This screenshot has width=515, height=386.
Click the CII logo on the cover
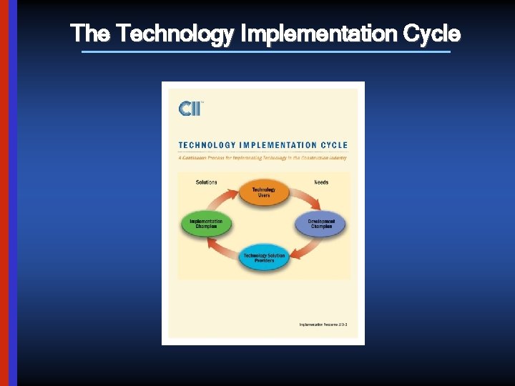tap(190, 109)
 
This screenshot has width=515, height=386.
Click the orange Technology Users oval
tap(263, 192)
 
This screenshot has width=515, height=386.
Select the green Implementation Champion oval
tap(206, 224)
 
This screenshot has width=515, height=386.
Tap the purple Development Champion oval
tap(321, 224)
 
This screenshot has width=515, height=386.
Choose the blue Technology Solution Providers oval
tap(263, 257)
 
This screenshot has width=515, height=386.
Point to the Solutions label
tap(207, 182)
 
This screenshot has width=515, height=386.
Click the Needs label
tap(321, 182)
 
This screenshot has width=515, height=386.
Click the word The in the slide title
tap(90, 34)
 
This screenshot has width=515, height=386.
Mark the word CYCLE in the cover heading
tap(334, 145)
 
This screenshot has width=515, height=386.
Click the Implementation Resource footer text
tap(323, 325)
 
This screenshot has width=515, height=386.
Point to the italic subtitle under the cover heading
tap(263, 158)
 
